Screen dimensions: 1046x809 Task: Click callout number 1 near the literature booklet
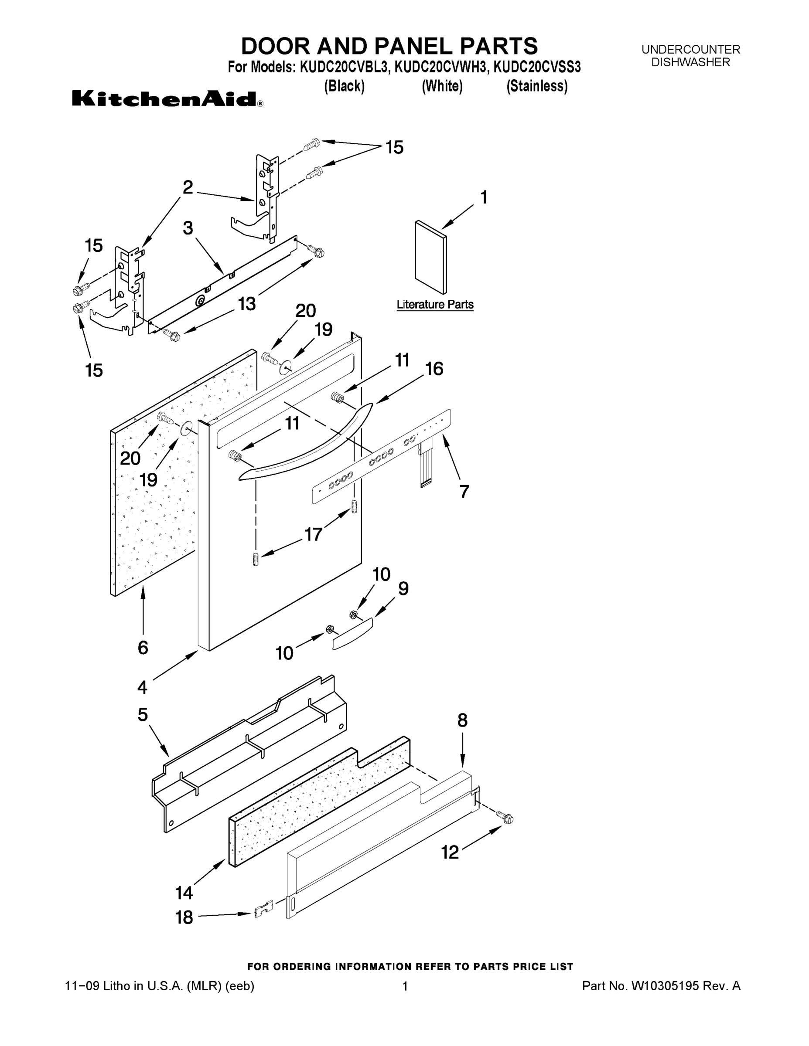click(x=484, y=197)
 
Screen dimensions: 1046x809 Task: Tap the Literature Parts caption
click(x=435, y=305)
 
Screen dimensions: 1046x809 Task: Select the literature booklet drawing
click(x=430, y=257)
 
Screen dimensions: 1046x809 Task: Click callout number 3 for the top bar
click(x=188, y=228)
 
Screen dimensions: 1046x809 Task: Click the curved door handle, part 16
click(x=307, y=441)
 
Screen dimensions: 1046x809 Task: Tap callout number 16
click(x=434, y=369)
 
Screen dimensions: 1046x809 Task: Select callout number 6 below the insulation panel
click(x=143, y=648)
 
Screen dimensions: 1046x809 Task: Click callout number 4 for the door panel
click(x=142, y=687)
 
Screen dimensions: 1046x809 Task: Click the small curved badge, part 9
click(x=352, y=634)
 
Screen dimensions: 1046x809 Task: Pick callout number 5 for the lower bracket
click(x=143, y=715)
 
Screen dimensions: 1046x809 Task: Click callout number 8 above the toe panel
click(x=462, y=720)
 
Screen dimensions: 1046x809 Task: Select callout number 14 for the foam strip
click(x=184, y=893)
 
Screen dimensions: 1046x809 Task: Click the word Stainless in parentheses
click(x=537, y=86)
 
